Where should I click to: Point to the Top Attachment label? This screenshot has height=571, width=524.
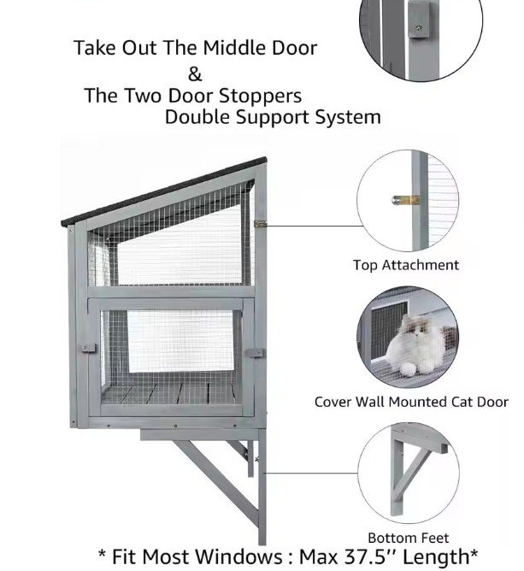click(406, 265)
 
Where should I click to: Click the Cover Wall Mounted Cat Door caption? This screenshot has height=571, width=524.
click(411, 402)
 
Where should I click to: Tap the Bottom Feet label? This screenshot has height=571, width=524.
click(408, 539)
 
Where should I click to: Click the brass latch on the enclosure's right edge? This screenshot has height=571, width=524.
click(261, 224)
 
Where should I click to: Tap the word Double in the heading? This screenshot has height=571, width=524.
click(197, 117)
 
